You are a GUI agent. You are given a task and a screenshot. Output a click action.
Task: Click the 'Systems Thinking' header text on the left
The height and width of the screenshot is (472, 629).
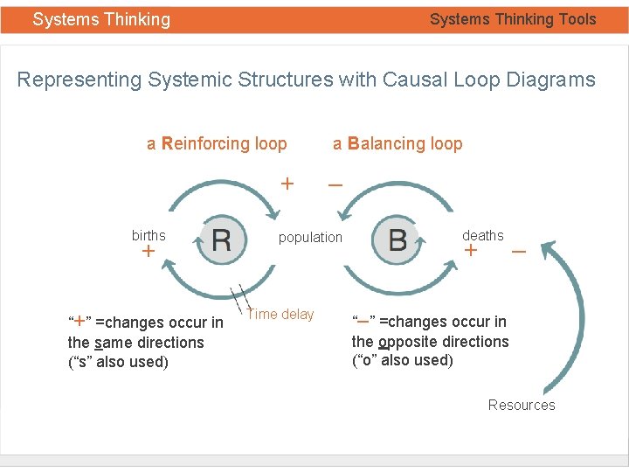pyautogui.click(x=101, y=19)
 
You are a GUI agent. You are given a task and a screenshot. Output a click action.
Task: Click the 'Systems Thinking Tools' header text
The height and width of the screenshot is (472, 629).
pyautogui.click(x=513, y=19)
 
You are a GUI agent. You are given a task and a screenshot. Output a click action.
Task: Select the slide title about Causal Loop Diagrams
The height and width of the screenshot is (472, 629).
pyautogui.click(x=306, y=80)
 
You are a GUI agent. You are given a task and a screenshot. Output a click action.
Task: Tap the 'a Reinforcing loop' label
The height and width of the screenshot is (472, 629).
pyautogui.click(x=217, y=144)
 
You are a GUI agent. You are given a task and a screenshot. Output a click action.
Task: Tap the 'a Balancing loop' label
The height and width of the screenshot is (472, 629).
pyautogui.click(x=397, y=144)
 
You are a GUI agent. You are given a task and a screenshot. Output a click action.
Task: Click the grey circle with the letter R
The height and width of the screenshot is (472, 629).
pyautogui.click(x=222, y=239)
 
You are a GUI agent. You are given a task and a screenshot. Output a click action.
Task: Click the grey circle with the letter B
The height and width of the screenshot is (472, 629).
pyautogui.click(x=397, y=239)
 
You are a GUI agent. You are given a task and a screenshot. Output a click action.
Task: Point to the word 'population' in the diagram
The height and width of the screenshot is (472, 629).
pyautogui.click(x=310, y=237)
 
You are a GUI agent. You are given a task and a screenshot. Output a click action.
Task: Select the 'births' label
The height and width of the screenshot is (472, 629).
pyautogui.click(x=149, y=235)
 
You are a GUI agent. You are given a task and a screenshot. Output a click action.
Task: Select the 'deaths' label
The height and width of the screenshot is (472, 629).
pyautogui.click(x=482, y=235)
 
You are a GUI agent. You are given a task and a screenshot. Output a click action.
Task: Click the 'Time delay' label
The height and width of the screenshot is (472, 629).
pyautogui.click(x=280, y=315)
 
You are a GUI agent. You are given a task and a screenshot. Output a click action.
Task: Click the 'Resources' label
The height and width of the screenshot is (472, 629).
pyautogui.click(x=522, y=405)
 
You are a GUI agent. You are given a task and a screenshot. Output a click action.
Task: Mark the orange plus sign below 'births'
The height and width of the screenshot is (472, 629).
pyautogui.click(x=148, y=252)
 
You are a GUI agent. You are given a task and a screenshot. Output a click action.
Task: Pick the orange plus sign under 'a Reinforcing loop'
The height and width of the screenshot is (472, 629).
pyautogui.click(x=286, y=184)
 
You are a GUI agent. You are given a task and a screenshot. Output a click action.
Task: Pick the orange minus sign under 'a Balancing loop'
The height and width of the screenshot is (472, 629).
pyautogui.click(x=335, y=184)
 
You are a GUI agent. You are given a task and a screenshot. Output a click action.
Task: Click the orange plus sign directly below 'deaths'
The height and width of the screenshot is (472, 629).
pyautogui.click(x=471, y=252)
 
